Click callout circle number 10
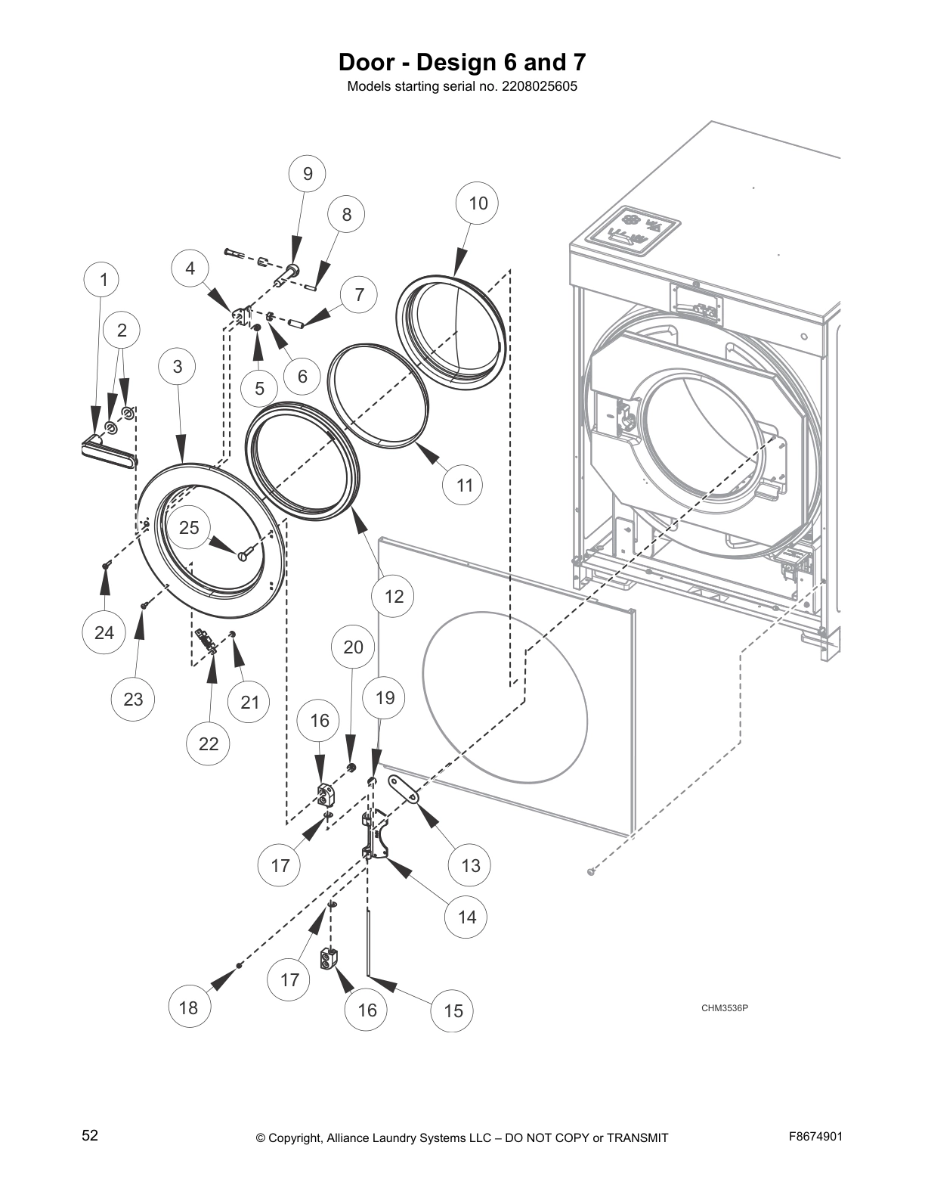[478, 203]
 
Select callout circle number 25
[189, 527]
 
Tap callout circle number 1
[104, 281]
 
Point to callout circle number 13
[470, 865]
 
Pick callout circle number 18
[188, 1007]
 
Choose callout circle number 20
[353, 647]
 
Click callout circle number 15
[453, 1010]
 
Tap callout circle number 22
[209, 743]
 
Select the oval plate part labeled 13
[404, 790]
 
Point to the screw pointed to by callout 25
[242, 556]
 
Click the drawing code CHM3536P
[724, 1007]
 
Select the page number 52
[90, 1135]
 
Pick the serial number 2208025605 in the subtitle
[539, 86]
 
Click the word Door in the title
[366, 61]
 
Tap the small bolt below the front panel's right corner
[592, 872]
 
